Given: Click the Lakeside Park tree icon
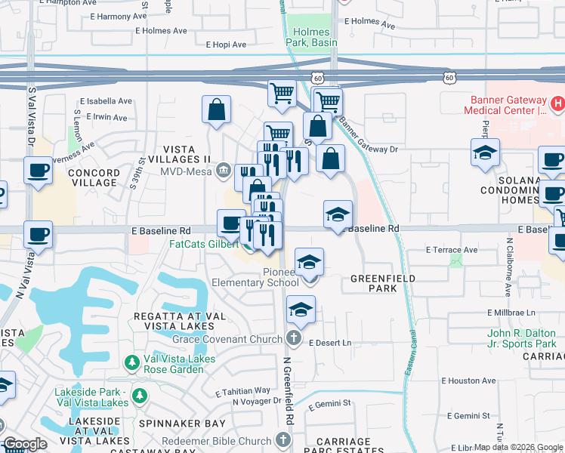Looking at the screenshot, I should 140,396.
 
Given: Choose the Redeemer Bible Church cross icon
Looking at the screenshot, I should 283,440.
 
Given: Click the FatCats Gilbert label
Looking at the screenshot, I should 202,245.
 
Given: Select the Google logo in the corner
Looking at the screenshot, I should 25,445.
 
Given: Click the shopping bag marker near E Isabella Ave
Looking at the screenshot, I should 217,109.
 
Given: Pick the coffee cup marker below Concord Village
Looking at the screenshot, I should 38,234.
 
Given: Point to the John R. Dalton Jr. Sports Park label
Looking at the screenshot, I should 522,338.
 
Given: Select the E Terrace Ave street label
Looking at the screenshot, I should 452,249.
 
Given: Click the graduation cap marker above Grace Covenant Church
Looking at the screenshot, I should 301,310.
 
